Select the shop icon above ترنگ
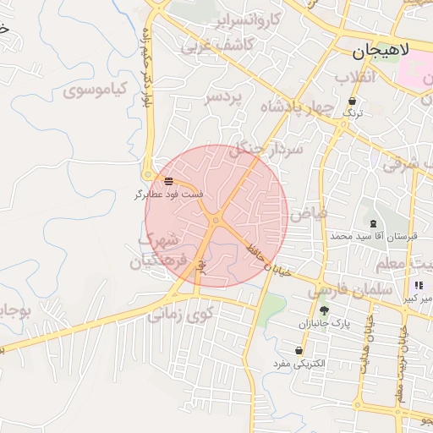point(352,101)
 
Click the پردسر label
point(223,97)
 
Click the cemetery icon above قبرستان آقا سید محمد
point(373,222)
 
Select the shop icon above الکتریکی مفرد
point(299,350)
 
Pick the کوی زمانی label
point(181,315)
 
